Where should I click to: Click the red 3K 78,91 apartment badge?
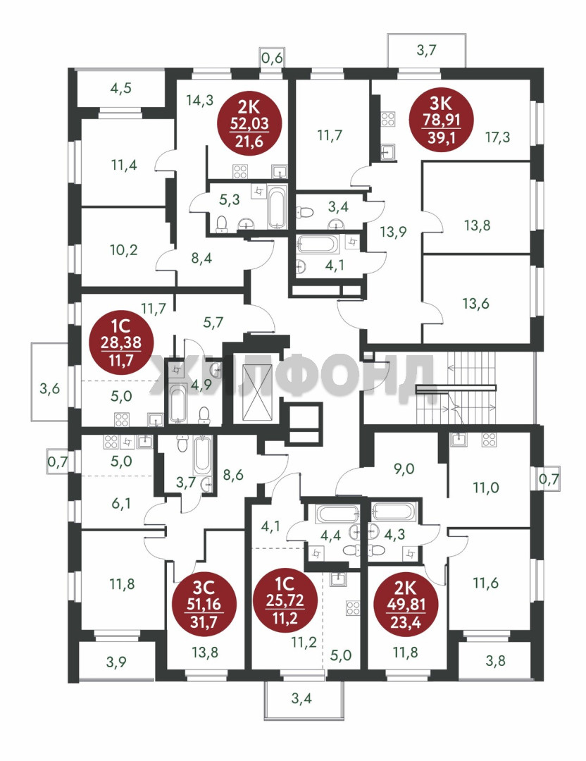(x=442, y=120)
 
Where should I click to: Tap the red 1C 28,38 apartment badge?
(x=121, y=342)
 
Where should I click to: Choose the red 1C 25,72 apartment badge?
(x=285, y=600)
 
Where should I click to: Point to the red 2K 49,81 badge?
(x=406, y=605)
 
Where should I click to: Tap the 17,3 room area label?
(x=498, y=137)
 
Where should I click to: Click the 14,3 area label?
(x=199, y=101)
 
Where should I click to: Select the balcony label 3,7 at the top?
(x=426, y=49)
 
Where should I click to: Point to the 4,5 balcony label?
(x=121, y=88)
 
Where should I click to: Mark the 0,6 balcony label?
(x=272, y=58)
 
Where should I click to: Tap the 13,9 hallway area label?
(x=393, y=232)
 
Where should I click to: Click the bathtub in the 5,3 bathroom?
(x=277, y=208)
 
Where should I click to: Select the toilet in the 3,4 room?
(x=305, y=212)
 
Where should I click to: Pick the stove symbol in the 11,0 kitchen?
(x=489, y=440)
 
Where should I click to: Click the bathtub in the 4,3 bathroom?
(x=394, y=511)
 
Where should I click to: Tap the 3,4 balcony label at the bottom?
(x=301, y=699)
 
